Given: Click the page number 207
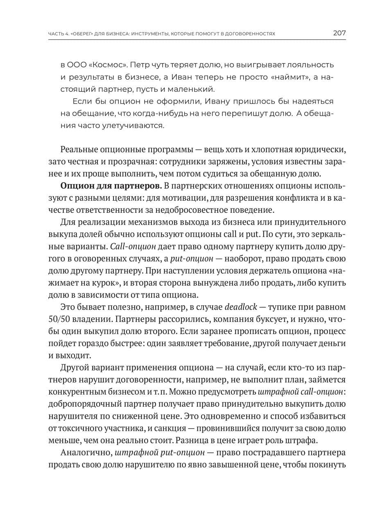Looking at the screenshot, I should click(339, 33).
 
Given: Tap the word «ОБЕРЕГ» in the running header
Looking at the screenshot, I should click(82, 34).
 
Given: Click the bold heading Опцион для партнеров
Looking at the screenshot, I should click(111, 186).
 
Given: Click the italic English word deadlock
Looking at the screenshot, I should click(240, 307).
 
